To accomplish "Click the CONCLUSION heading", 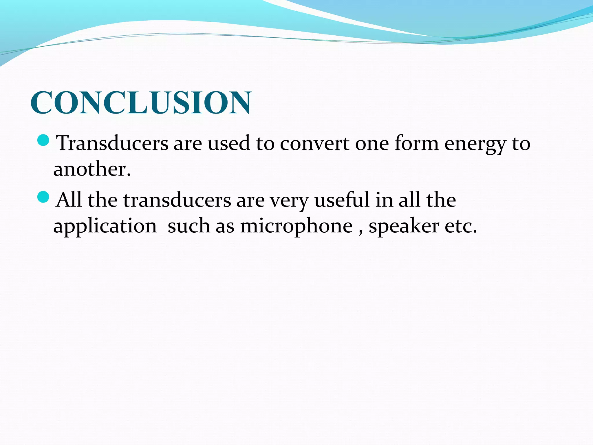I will (x=141, y=103).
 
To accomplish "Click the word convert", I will (x=314, y=143).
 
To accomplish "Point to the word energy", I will (x=475, y=144).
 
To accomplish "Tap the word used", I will (x=229, y=143).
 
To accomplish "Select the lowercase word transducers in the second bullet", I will (x=177, y=200).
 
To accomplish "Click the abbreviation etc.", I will (x=460, y=226).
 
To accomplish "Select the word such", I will (x=189, y=226).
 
